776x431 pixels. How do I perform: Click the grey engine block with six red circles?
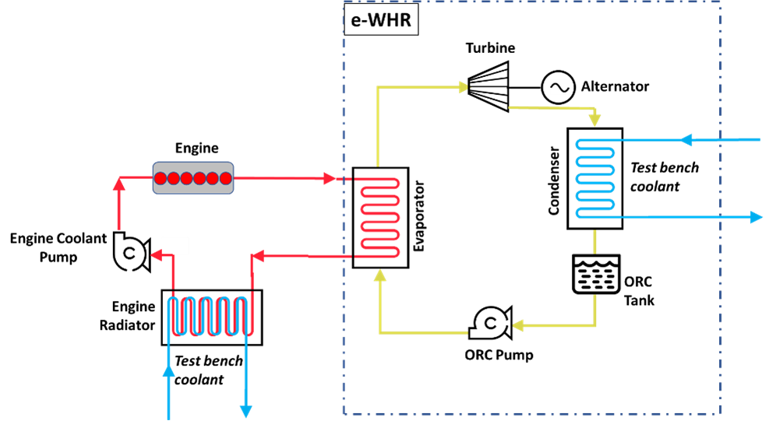[193, 177]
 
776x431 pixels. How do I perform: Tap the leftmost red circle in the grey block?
[160, 178]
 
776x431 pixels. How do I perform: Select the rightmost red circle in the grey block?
[226, 178]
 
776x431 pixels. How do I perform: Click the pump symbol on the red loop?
[130, 253]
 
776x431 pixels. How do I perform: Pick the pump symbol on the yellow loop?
[490, 323]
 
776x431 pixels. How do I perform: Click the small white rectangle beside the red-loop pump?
[175, 246]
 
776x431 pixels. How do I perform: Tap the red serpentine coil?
[379, 217]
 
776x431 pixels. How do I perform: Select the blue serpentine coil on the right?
[595, 178]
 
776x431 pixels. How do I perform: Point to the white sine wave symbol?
[559, 87]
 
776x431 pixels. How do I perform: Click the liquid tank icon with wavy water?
[596, 274]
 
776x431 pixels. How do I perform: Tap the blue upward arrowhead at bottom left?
[168, 370]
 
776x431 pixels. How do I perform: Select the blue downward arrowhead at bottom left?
[245, 411]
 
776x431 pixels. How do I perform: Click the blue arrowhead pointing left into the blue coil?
[686, 140]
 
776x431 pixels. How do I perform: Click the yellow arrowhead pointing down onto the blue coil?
[595, 121]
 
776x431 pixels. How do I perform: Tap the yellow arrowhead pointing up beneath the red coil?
[379, 275]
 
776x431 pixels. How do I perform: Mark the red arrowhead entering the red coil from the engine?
[329, 178]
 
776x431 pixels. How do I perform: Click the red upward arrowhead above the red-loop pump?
[118, 184]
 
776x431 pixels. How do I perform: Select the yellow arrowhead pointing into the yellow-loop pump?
[517, 325]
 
